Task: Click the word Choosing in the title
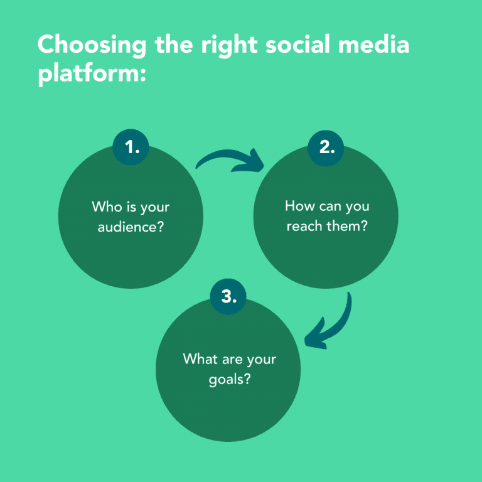click(92, 45)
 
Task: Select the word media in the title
click(374, 44)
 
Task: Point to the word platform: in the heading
click(92, 74)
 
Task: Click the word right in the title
click(229, 45)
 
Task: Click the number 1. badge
click(131, 147)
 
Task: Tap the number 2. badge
click(326, 148)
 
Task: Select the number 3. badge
click(228, 297)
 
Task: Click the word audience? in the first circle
click(131, 227)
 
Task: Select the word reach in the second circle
click(304, 226)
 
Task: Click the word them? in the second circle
click(347, 226)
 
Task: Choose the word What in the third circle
click(200, 359)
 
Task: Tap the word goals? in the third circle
click(230, 379)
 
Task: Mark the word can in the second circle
click(331, 206)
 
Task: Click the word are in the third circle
click(232, 360)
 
